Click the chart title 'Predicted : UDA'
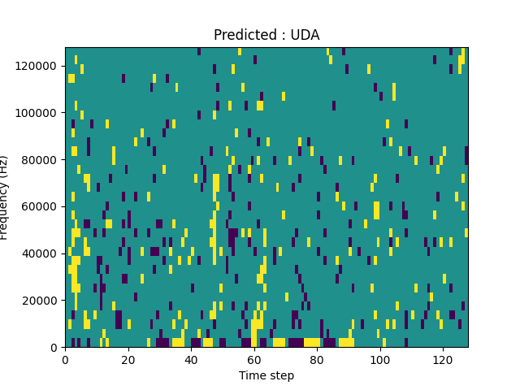[266, 35]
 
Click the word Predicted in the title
[243, 35]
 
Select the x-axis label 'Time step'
[266, 375]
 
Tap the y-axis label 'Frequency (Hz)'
[5, 197]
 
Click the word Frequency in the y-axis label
[5, 208]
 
